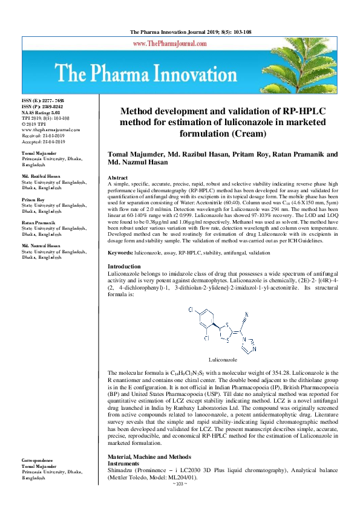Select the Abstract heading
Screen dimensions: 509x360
click(x=118, y=177)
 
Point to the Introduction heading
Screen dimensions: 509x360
click(x=125, y=267)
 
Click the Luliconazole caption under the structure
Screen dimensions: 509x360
click(x=224, y=359)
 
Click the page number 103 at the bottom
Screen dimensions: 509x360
click(x=180, y=501)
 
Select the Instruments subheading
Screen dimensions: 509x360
click(x=123, y=462)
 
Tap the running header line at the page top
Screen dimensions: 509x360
click(x=180, y=31)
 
